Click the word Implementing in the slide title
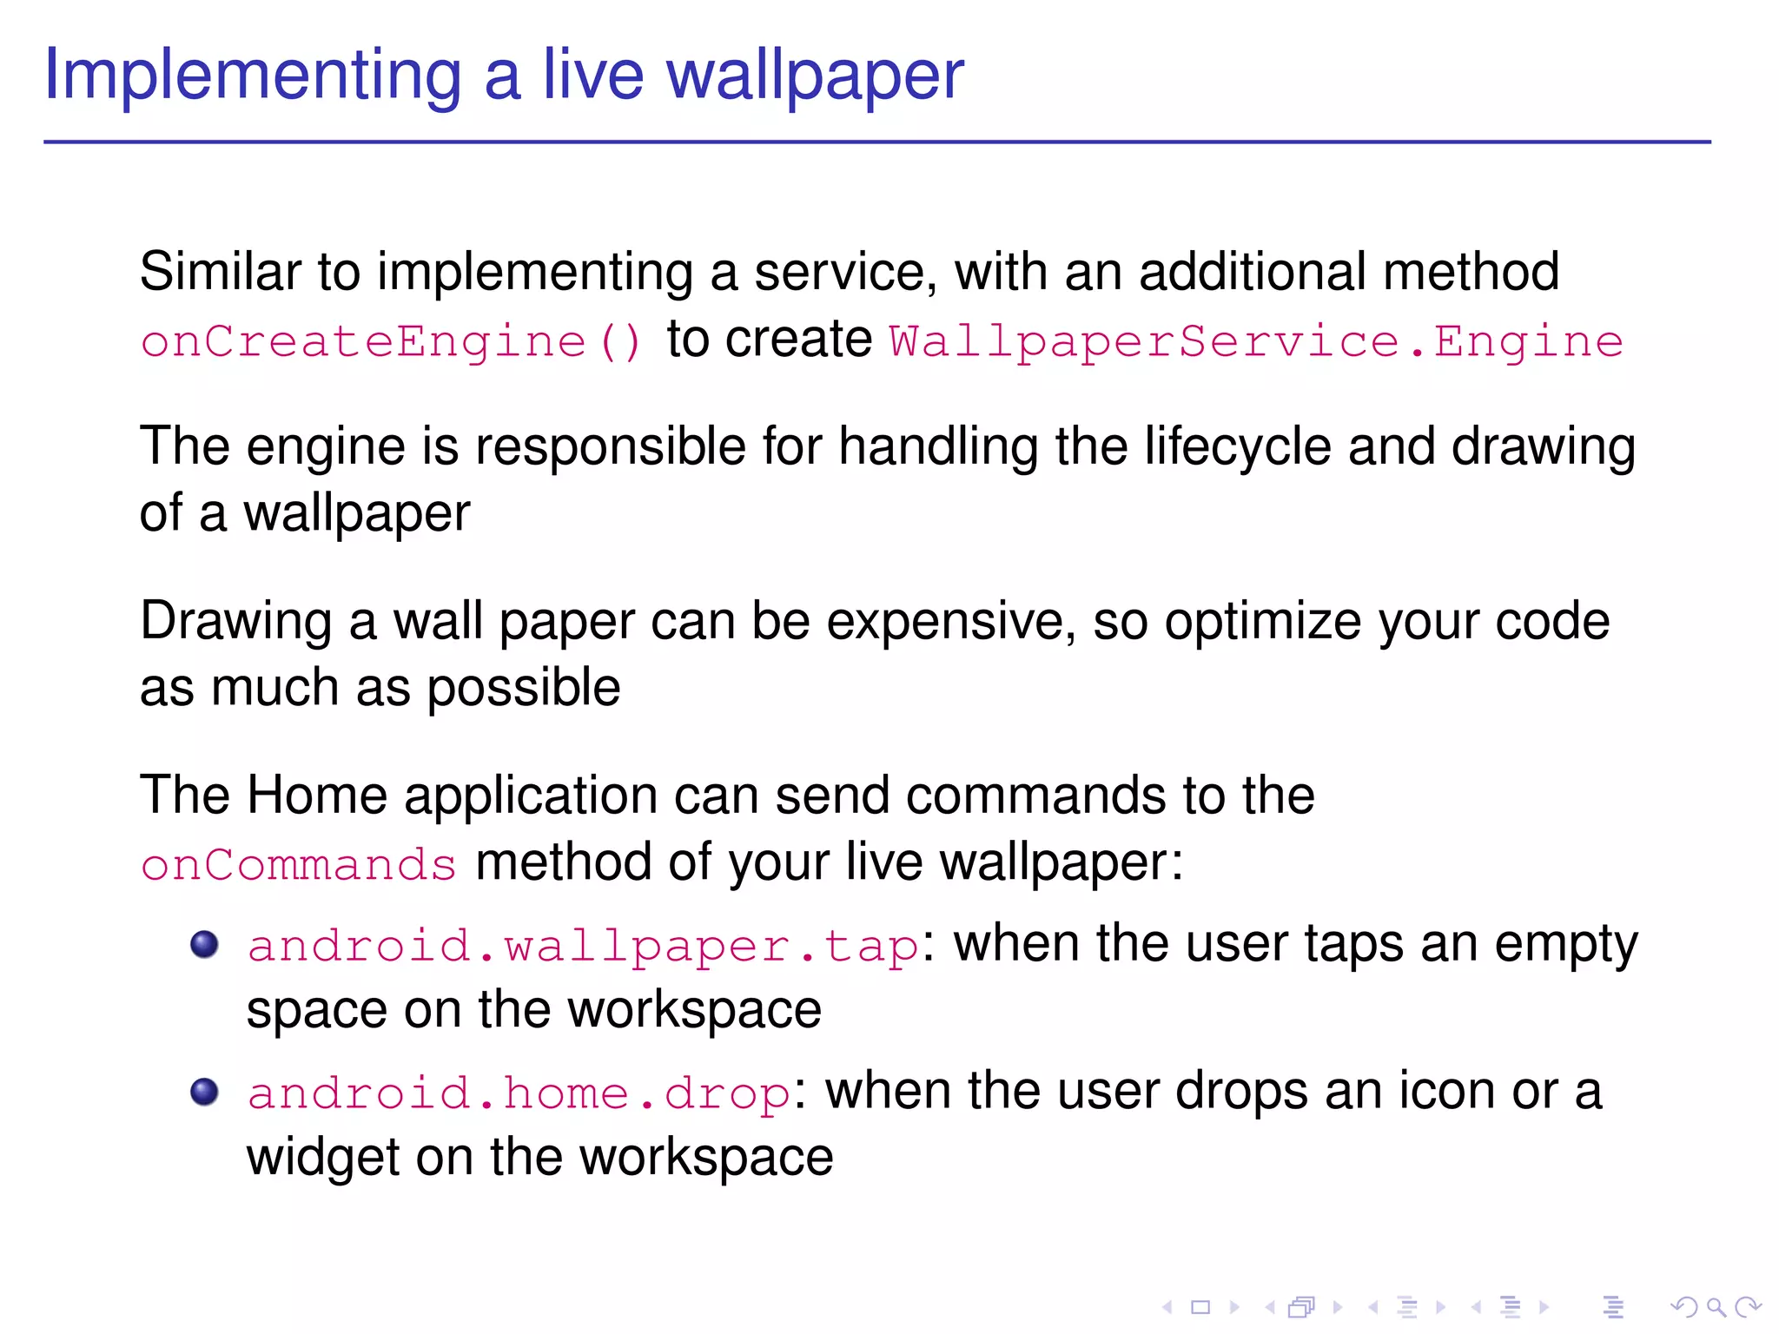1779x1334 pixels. [252, 76]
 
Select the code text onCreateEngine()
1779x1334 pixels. [391, 340]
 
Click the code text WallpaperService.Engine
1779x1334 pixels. [1256, 340]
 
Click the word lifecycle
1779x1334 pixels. [1238, 447]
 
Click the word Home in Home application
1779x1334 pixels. [317, 795]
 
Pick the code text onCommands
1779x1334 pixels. [298, 865]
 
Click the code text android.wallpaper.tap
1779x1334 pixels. [583, 945]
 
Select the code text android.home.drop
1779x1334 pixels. [519, 1093]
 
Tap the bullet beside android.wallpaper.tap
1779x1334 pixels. [204, 944]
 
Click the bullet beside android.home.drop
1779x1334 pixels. [204, 1092]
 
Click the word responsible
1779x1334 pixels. [610, 447]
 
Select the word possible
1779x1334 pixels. [523, 688]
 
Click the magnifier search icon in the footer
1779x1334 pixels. [1716, 1306]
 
